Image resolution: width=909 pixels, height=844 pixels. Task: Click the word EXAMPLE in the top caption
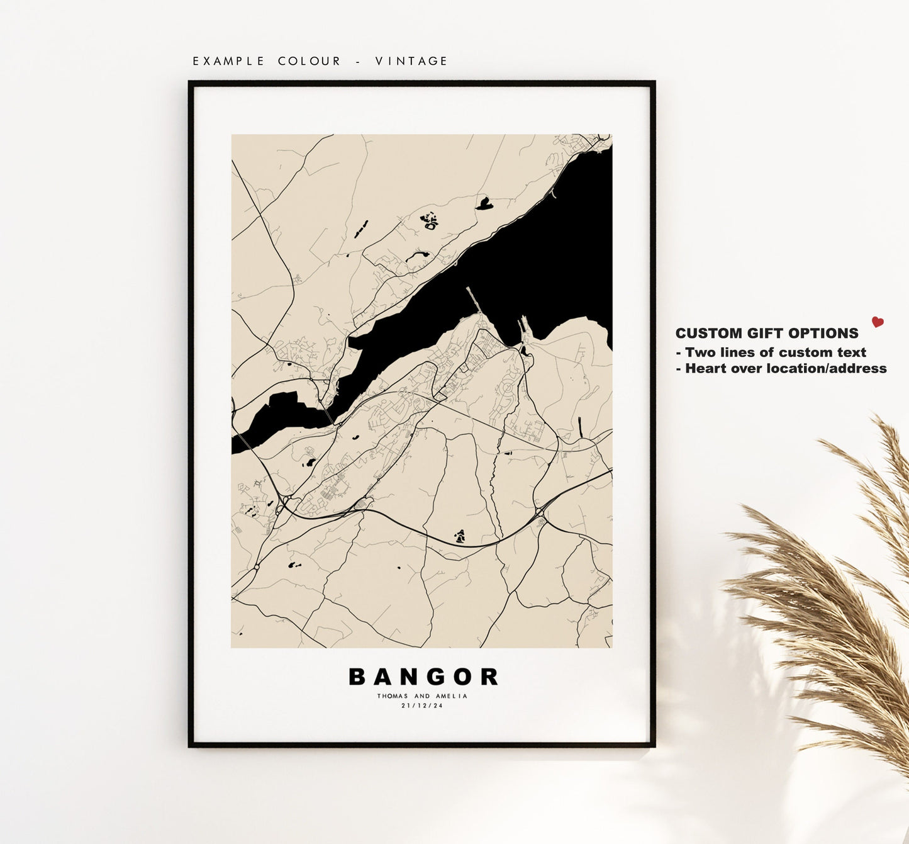click(228, 61)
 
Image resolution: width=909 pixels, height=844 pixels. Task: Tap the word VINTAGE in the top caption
click(411, 61)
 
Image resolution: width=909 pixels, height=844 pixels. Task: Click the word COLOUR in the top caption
click(310, 61)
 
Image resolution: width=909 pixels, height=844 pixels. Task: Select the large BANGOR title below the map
click(423, 677)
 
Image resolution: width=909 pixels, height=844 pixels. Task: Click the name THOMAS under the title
click(393, 696)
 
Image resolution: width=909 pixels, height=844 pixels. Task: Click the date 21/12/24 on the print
click(422, 706)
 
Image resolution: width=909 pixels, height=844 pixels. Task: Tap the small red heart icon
click(878, 322)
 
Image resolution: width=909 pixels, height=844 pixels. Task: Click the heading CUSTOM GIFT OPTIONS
click(766, 334)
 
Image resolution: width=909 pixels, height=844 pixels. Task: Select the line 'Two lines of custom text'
click(771, 352)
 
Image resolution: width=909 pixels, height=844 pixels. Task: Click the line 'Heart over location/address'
click(781, 369)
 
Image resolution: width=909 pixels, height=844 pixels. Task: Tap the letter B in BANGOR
click(357, 677)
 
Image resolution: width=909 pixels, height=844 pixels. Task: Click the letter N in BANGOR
click(411, 677)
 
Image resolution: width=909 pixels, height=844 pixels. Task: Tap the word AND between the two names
click(422, 696)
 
